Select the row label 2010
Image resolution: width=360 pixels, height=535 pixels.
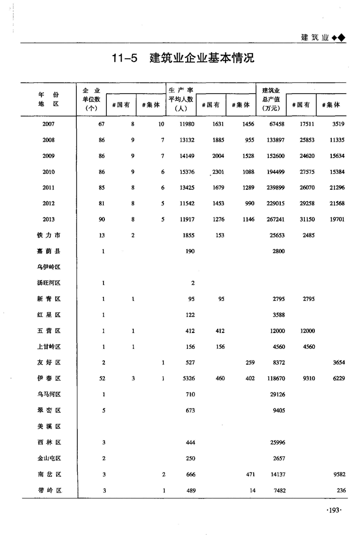tap(48, 172)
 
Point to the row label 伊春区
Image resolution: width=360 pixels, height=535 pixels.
tap(48, 379)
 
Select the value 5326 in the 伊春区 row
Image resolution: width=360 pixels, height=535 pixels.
tap(187, 379)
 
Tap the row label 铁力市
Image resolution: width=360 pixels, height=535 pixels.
tap(48, 235)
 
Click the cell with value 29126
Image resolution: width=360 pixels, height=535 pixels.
tap(276, 395)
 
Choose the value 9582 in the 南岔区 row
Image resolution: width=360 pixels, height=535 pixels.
tap(337, 474)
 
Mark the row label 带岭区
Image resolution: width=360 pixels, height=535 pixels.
tap(48, 490)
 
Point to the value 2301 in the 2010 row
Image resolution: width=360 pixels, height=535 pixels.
tap(218, 172)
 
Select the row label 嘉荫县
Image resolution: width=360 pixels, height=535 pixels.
tap(48, 251)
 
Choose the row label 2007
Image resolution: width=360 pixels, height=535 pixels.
tap(48, 124)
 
